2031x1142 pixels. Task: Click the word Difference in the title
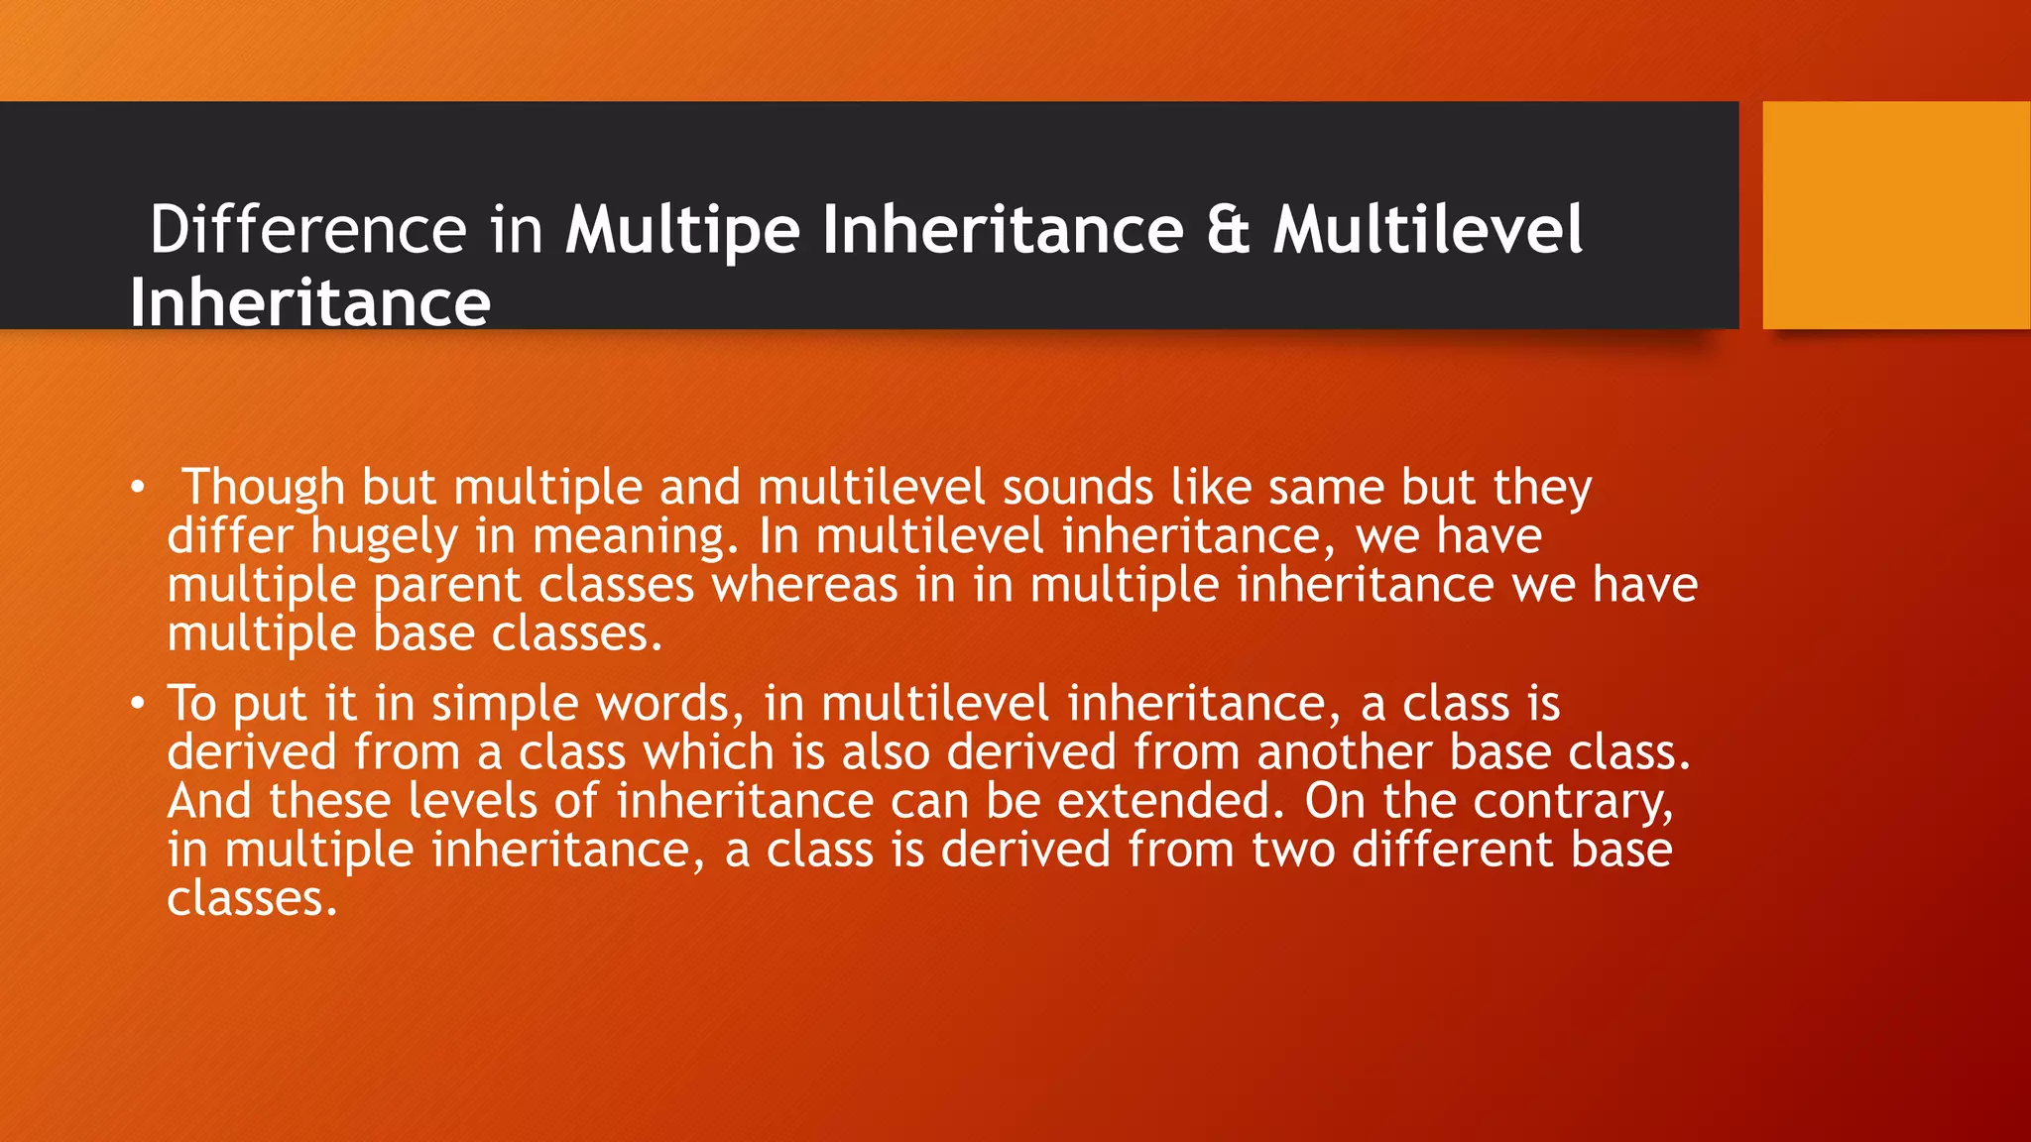pyautogui.click(x=307, y=230)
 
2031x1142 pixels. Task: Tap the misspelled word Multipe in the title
pyautogui.click(x=682, y=230)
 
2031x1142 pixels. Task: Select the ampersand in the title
pyautogui.click(x=1228, y=230)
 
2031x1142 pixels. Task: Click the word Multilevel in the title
pyautogui.click(x=1428, y=230)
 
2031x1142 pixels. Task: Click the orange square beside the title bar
pyautogui.click(x=1895, y=215)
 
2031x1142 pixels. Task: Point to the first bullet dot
pyautogui.click(x=138, y=488)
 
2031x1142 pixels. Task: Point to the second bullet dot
pyautogui.click(x=138, y=704)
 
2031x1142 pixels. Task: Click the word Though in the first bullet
pyautogui.click(x=264, y=488)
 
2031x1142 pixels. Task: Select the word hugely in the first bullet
pyautogui.click(x=384, y=537)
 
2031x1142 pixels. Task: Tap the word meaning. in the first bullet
pyautogui.click(x=637, y=537)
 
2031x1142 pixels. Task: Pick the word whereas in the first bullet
pyautogui.click(x=804, y=585)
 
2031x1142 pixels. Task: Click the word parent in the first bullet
pyautogui.click(x=446, y=585)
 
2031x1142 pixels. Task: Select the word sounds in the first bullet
pyautogui.click(x=1077, y=488)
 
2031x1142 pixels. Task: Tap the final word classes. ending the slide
pyautogui.click(x=252, y=898)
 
